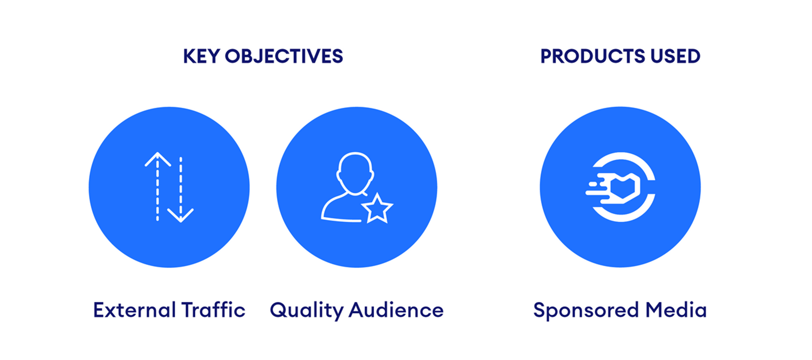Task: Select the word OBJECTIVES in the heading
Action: tap(284, 56)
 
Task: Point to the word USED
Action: tap(675, 56)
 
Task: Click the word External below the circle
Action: tap(134, 310)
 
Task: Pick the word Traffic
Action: tap(213, 310)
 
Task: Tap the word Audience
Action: tap(396, 310)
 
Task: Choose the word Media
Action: tap(676, 310)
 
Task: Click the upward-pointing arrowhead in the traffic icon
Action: tap(157, 159)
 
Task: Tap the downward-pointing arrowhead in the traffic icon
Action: tap(180, 215)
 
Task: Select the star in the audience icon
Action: tap(377, 208)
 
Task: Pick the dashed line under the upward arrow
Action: tap(157, 190)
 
